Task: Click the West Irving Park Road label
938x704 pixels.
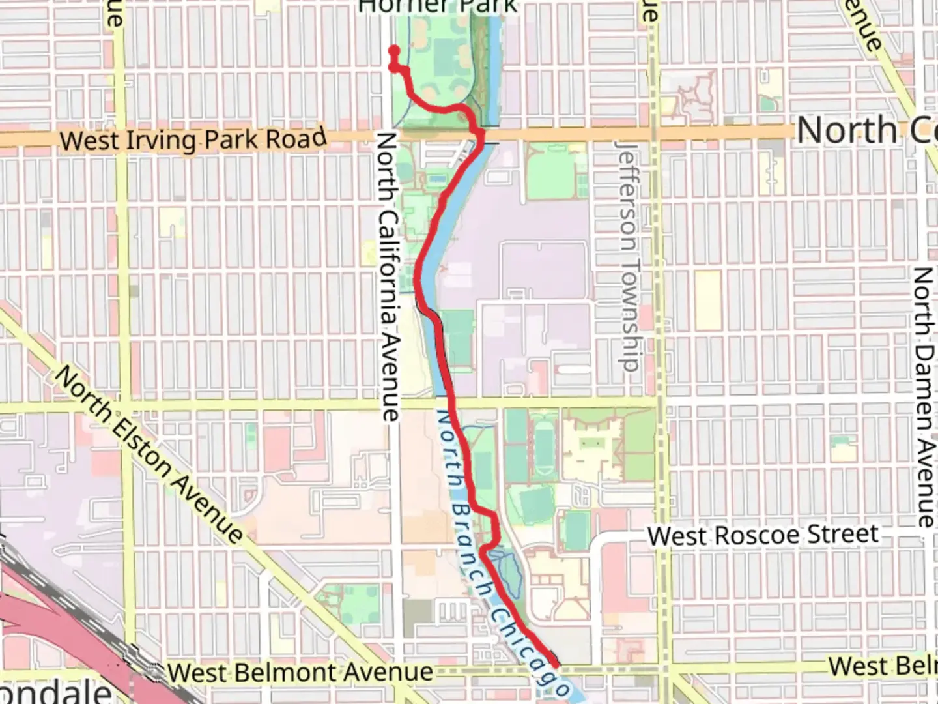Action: [193, 139]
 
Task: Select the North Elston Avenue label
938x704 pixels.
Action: [149, 455]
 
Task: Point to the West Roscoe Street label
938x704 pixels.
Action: [763, 536]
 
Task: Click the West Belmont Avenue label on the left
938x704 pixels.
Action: [300, 672]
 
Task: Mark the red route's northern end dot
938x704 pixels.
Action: [393, 50]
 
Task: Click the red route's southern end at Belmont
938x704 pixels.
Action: [555, 664]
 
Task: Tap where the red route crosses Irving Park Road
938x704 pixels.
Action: [480, 135]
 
